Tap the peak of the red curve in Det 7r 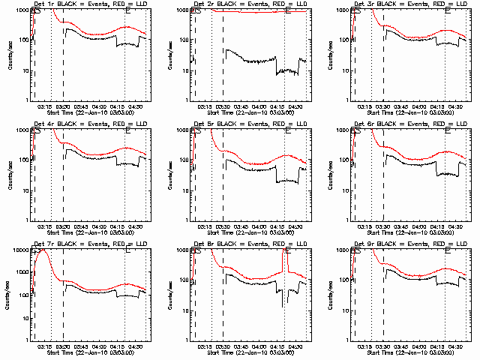click(x=43, y=250)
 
